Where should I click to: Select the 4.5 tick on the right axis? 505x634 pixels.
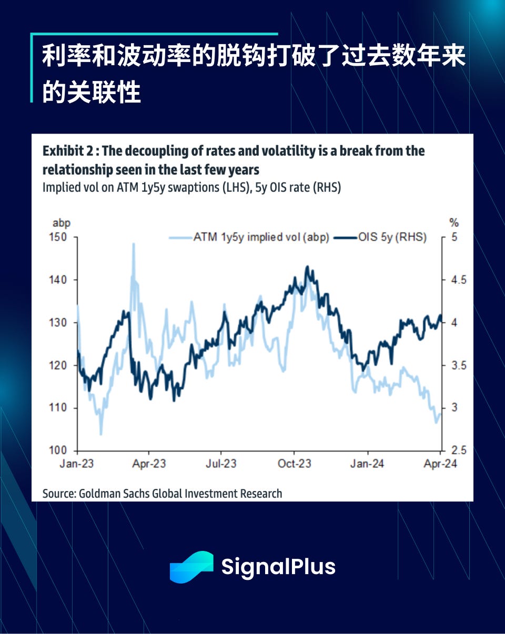456,280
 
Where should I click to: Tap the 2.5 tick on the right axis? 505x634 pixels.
456,451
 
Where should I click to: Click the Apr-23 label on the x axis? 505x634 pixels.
149,464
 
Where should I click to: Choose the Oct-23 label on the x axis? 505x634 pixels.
295,464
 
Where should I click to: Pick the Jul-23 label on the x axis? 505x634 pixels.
221,464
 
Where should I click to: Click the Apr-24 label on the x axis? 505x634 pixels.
440,464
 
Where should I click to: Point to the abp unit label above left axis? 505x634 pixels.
62,222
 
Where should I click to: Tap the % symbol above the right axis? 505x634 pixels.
453,222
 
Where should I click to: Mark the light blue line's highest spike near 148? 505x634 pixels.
133,244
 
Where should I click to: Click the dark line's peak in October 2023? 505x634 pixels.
307,267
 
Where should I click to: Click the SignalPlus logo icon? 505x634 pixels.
191,567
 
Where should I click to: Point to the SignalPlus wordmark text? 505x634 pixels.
278,567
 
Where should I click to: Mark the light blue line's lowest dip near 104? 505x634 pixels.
100,434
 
